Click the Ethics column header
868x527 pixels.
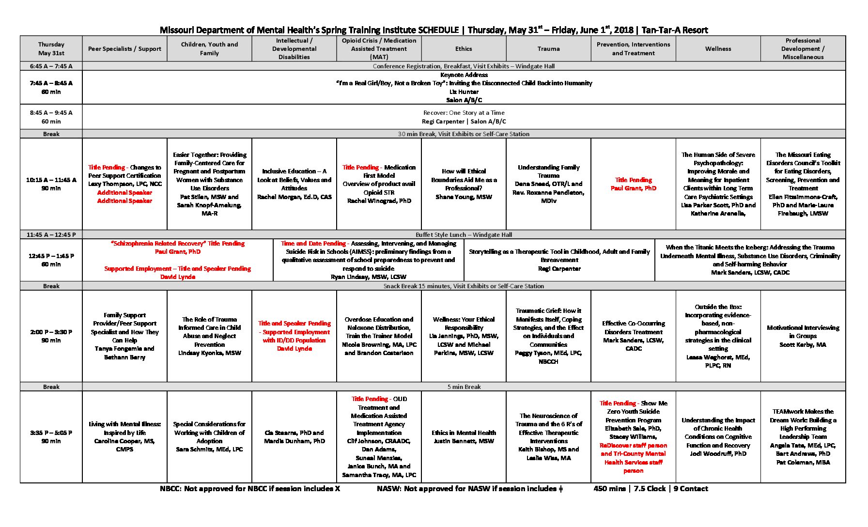pyautogui.click(x=464, y=49)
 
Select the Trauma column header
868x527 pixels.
pyautogui.click(x=548, y=49)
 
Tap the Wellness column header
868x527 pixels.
pyautogui.click(x=718, y=49)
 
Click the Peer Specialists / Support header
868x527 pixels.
pyautogui.click(x=124, y=49)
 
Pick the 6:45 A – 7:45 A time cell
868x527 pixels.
pyautogui.click(x=51, y=66)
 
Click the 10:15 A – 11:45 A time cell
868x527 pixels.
pyautogui.click(x=51, y=184)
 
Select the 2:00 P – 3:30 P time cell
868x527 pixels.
pyautogui.click(x=51, y=336)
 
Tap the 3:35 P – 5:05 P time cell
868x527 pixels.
pyautogui.click(x=51, y=437)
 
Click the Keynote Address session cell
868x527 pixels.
pyautogui.click(x=464, y=87)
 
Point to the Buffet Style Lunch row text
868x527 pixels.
pyautogui.click(x=464, y=235)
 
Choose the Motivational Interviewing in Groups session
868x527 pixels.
pyautogui.click(x=803, y=336)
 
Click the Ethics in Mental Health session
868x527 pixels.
pyautogui.click(x=464, y=437)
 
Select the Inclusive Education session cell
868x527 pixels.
pyautogui.click(x=294, y=184)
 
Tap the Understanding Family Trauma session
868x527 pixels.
pyautogui.click(x=548, y=184)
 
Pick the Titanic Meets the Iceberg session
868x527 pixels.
pyautogui.click(x=750, y=260)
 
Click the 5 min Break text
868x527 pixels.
pyautogui.click(x=464, y=387)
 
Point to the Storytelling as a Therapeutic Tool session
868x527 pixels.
pyautogui.click(x=559, y=260)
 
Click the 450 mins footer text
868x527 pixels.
pyautogui.click(x=651, y=489)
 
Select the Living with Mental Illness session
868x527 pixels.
pyautogui.click(x=124, y=437)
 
